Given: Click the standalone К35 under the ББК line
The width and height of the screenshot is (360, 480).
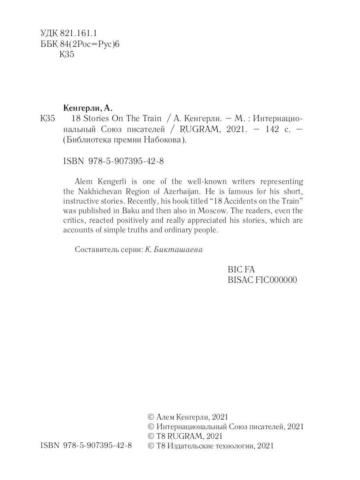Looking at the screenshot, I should point(67,55).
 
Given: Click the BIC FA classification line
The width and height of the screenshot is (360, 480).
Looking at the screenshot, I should point(241,269).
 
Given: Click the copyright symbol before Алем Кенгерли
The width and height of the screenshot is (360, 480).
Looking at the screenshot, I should point(151,417).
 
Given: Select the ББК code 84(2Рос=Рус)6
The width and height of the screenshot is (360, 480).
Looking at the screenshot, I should point(90,44).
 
